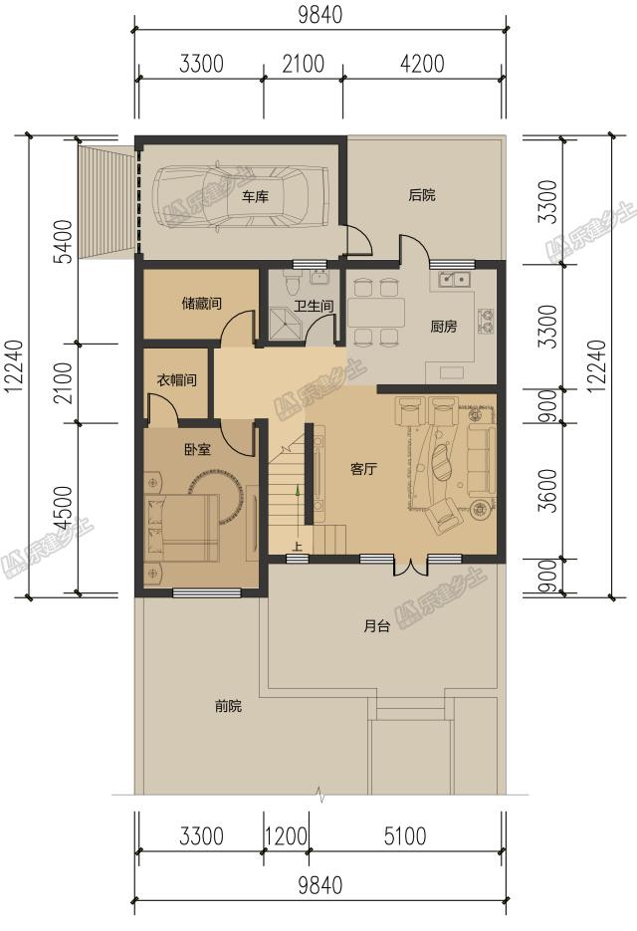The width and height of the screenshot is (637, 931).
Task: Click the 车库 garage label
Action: [x=255, y=196]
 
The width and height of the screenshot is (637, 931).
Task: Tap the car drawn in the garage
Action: [x=241, y=195]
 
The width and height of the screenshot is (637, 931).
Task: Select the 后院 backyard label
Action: [x=422, y=195]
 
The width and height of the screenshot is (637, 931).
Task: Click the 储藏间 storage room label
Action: [x=201, y=304]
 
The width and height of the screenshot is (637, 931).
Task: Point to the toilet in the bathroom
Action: [x=292, y=283]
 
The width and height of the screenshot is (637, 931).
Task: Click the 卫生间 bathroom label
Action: [x=315, y=306]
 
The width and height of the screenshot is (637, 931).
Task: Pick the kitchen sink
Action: [x=454, y=279]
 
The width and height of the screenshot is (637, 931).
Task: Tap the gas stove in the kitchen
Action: [x=486, y=320]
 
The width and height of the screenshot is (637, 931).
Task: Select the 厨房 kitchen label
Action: [x=444, y=326]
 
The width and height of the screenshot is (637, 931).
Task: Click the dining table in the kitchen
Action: [x=376, y=313]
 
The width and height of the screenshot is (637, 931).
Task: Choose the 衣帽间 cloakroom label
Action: [x=176, y=379]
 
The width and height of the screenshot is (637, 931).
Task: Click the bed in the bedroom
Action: [x=180, y=529]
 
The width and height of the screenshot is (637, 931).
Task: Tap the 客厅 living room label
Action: [x=363, y=469]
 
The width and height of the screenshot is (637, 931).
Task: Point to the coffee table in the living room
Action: [x=441, y=463]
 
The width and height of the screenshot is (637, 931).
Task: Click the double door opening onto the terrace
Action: [x=410, y=566]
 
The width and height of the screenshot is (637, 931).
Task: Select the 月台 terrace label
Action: [x=376, y=626]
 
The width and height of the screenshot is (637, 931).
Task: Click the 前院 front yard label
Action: [x=228, y=706]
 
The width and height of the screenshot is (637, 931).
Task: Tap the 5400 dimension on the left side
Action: [x=66, y=241]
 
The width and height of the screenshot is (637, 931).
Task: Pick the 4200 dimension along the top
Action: [x=422, y=64]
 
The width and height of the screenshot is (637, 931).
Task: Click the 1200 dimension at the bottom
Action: [x=286, y=836]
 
